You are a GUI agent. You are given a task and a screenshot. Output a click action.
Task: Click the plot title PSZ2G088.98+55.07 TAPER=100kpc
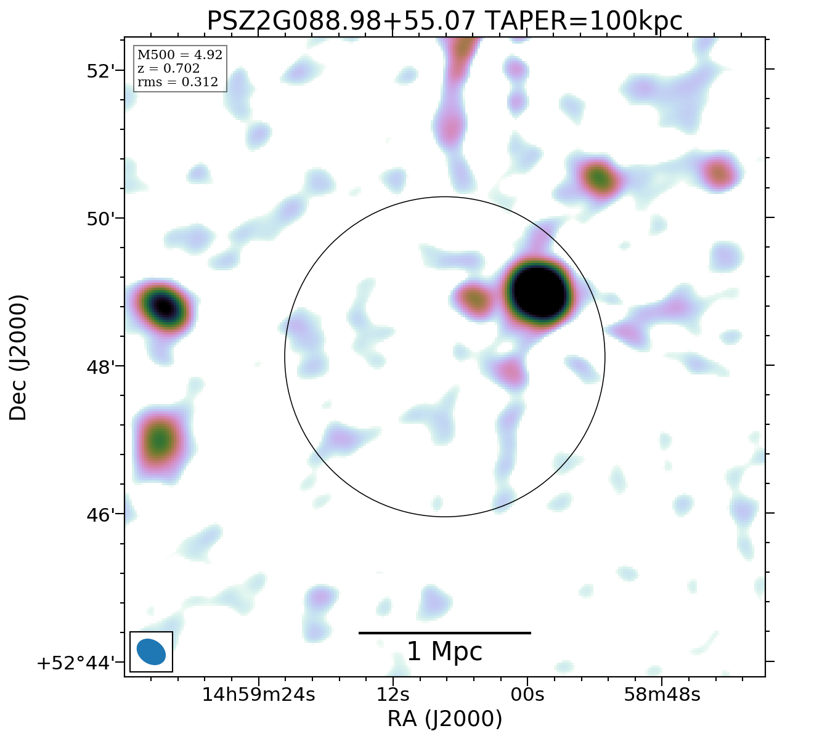pos(444,22)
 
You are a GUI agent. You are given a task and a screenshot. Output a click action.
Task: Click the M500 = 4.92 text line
pos(179,55)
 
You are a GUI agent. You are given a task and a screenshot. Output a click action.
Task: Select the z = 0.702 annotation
pos(168,68)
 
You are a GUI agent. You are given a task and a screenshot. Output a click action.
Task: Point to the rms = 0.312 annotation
pos(177,82)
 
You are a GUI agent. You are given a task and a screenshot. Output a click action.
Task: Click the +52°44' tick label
pos(77,663)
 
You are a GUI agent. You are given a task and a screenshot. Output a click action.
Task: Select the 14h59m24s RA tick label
pos(259,695)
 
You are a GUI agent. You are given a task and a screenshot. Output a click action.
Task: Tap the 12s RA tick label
pos(393,695)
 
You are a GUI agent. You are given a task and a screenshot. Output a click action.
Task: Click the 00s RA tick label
pos(527,695)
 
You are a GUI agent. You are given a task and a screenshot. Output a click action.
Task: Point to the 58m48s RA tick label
pos(662,695)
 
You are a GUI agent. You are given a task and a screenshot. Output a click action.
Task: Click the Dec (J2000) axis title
pos(18,357)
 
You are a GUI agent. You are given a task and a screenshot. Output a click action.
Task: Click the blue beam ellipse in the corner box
pos(151,652)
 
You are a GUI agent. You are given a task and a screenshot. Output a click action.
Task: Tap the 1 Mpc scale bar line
pos(444,632)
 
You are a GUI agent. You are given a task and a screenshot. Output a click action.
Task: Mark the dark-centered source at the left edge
pos(163,305)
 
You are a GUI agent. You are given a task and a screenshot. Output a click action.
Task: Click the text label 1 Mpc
pos(444,652)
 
